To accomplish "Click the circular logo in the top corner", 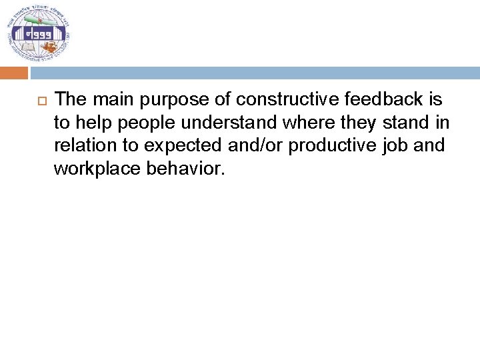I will (39, 34).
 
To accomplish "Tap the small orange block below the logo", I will (14, 73).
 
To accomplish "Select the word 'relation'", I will (83, 146).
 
